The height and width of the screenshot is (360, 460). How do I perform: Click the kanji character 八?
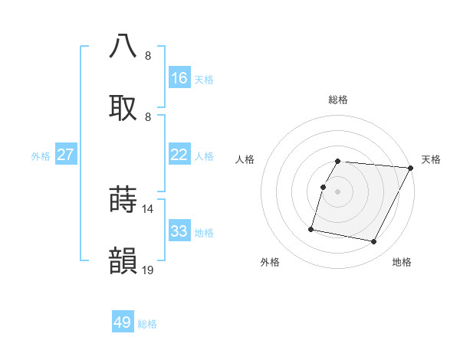tap(123, 47)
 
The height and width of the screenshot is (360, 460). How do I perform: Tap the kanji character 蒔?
tap(123, 200)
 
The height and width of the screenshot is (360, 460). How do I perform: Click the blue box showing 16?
tap(179, 78)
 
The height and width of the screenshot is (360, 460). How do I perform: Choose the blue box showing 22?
tap(179, 155)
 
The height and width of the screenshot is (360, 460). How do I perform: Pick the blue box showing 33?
tap(179, 231)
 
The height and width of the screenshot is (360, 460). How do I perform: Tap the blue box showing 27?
tap(66, 155)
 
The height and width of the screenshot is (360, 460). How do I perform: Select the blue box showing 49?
tap(123, 322)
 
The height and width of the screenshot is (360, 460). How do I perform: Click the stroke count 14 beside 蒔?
tap(149, 208)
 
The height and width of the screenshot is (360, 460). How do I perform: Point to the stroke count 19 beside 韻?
tap(149, 270)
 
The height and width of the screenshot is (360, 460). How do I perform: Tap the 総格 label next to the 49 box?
tap(147, 324)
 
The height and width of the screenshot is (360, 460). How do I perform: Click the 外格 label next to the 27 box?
tap(41, 156)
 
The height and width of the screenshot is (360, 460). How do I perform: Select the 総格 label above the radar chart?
tap(338, 100)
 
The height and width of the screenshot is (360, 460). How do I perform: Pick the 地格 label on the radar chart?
tap(402, 263)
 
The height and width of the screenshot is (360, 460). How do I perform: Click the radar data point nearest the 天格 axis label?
tap(411, 168)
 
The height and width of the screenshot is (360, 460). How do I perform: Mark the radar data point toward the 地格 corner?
tap(374, 242)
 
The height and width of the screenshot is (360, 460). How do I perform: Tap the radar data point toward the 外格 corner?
tap(311, 229)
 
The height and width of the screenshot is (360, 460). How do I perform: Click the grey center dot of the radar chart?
tap(338, 191)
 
